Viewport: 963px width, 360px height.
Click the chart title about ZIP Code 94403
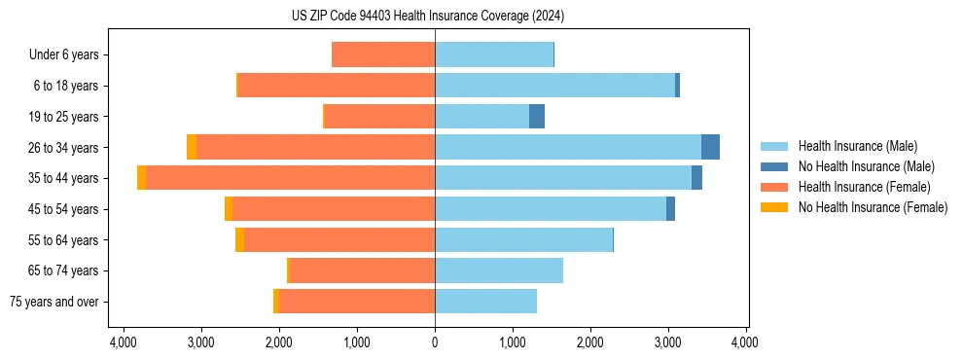click(428, 17)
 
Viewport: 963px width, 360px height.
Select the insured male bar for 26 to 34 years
click(568, 147)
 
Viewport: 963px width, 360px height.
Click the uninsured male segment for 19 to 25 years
click(537, 117)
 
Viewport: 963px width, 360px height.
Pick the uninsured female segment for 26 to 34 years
click(192, 147)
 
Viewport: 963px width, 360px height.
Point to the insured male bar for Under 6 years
click(494, 54)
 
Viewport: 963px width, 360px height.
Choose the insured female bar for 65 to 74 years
click(362, 270)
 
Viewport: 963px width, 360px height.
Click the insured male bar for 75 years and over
click(485, 302)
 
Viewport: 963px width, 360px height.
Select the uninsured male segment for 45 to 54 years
click(670, 209)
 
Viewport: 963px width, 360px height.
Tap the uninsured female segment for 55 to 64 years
click(239, 240)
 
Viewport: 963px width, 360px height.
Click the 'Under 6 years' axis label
click(64, 54)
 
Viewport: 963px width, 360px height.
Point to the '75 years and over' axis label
click(53, 302)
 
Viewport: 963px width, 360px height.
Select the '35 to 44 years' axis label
click(64, 178)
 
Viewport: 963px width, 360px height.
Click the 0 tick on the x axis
click(435, 342)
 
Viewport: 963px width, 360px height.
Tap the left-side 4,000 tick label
click(124, 342)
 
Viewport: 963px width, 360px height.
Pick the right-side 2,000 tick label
click(590, 342)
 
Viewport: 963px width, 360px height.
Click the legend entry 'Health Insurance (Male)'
click(857, 146)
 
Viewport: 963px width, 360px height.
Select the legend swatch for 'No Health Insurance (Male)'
click(774, 166)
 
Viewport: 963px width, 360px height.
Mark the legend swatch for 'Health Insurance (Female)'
click(774, 187)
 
